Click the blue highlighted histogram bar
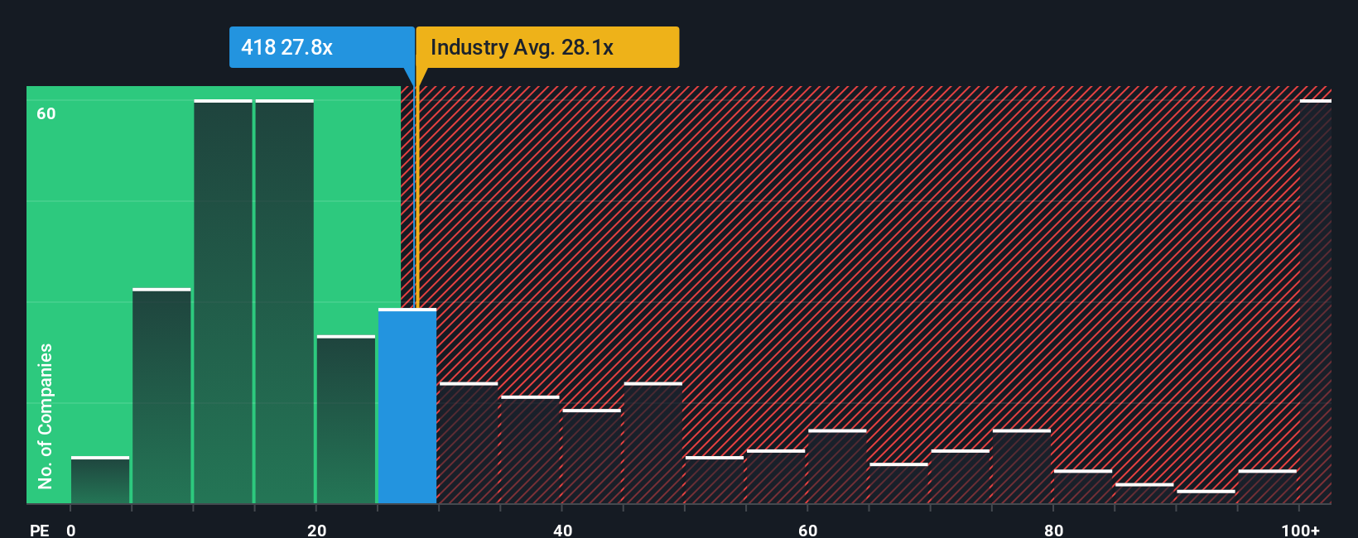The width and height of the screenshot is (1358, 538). [x=407, y=406]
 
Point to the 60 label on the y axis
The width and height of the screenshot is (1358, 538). [x=46, y=113]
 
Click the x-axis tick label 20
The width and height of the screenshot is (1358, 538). [x=316, y=530]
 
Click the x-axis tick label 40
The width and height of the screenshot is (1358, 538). [x=562, y=530]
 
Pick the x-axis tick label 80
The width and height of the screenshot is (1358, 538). [x=1053, y=530]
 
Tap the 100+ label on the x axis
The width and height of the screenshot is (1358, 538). [x=1300, y=530]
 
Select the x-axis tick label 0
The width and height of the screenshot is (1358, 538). [x=71, y=530]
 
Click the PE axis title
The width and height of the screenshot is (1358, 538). [x=39, y=530]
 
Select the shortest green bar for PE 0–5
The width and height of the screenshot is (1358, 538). [x=100, y=480]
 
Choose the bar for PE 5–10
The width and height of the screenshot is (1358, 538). [x=161, y=396]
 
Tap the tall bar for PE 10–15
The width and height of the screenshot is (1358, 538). [x=223, y=302]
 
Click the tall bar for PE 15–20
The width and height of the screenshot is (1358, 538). [x=285, y=302]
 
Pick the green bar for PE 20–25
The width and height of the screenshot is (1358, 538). [x=346, y=420]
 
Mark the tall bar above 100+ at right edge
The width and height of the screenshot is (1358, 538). [x=1315, y=302]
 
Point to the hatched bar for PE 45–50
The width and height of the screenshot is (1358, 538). [x=653, y=443]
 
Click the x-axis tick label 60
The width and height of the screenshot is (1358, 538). [x=807, y=530]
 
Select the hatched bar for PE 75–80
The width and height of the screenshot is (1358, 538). [x=1022, y=466]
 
